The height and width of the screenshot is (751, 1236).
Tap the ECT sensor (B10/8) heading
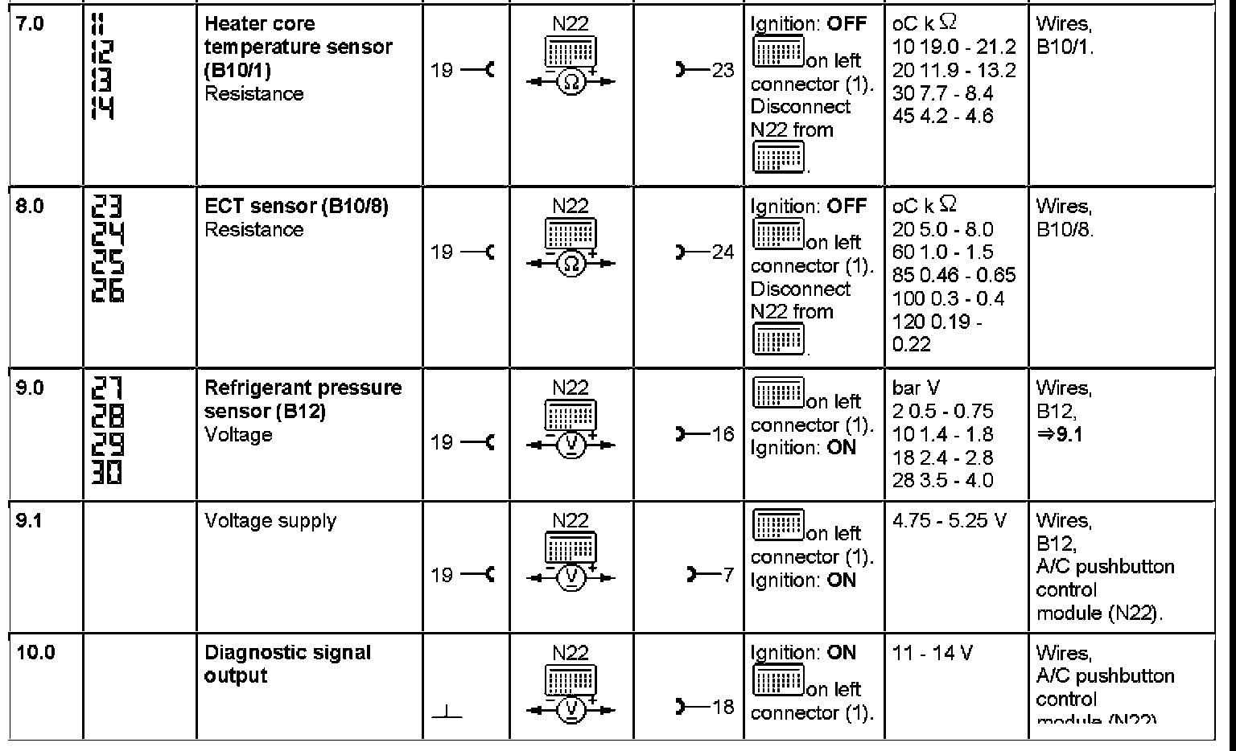tap(296, 207)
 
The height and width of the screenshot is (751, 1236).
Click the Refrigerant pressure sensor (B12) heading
tap(303, 400)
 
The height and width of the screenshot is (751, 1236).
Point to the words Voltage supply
tap(270, 521)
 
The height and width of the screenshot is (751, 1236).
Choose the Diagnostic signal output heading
tap(287, 664)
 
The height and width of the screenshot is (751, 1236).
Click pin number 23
tap(723, 71)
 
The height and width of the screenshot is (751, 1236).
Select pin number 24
tap(723, 252)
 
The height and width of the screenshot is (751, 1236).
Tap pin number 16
tap(723, 435)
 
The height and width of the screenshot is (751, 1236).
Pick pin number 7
tap(727, 575)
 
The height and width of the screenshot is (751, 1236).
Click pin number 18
tap(723, 707)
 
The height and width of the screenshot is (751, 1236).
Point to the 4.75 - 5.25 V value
tap(950, 521)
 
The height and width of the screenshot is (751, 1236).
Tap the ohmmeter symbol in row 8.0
tap(571, 264)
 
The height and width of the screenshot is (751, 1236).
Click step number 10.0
tap(35, 653)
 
